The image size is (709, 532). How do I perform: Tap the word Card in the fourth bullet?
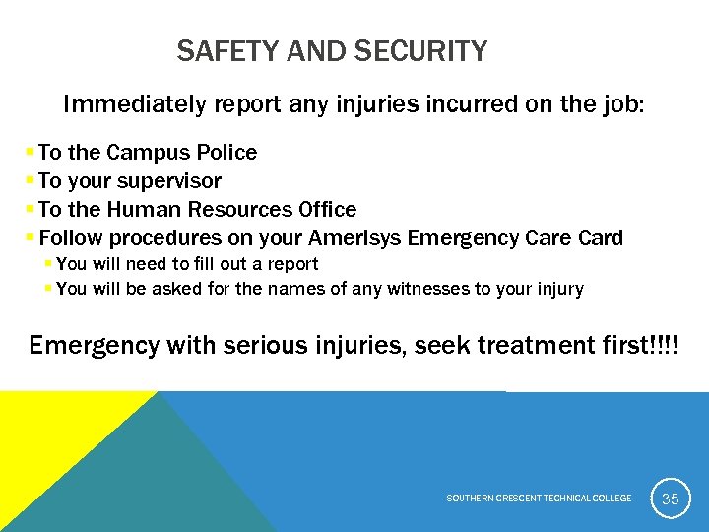coord(600,238)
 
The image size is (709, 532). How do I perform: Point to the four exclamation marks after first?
coord(665,346)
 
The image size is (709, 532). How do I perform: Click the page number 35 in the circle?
coord(670,499)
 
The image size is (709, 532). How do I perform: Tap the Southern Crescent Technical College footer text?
coord(539,499)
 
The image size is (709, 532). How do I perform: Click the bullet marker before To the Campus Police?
coord(31,152)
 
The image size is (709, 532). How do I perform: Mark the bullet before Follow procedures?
coord(31,237)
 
